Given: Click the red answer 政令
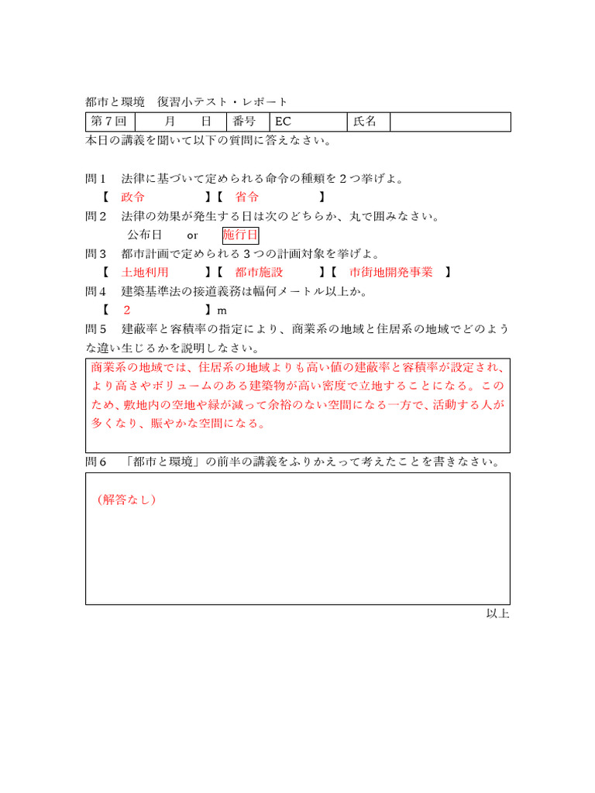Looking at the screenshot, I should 133,197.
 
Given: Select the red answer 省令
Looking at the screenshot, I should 247,197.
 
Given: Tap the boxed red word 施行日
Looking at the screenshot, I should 240,235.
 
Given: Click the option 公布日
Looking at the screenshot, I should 144,235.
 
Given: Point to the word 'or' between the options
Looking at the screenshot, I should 193,235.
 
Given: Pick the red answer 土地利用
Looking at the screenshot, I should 145,273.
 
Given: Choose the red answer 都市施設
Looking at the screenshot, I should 259,273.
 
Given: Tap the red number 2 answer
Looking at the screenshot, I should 127,310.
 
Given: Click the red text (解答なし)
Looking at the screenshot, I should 127,499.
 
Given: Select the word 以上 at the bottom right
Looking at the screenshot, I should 497,613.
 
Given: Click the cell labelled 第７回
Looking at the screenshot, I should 110,122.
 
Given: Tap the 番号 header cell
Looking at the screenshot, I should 246,122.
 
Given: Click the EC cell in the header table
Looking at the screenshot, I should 308,122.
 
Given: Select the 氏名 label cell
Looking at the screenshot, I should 368,122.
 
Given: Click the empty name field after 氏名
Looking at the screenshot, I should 450,122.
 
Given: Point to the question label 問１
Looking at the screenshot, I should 96,179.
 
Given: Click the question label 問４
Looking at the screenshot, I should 96,291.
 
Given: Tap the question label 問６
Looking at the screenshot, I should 96,462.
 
